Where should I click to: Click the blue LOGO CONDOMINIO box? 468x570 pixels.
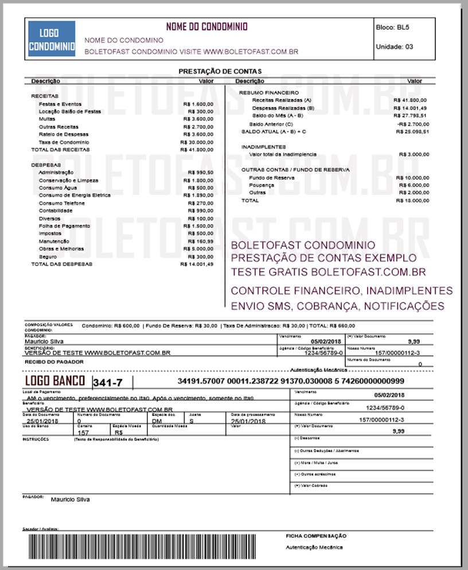click(x=52, y=39)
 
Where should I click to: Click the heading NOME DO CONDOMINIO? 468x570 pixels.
click(x=206, y=27)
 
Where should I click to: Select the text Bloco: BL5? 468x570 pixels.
click(x=392, y=27)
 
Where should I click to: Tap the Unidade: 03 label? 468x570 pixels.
click(x=394, y=46)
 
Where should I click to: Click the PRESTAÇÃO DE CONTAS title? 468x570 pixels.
click(x=213, y=71)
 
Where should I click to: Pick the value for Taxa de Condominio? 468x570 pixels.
click(x=197, y=142)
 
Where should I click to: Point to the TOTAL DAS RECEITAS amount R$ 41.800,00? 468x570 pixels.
click(x=197, y=149)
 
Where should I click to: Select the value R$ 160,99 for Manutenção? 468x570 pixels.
click(x=201, y=241)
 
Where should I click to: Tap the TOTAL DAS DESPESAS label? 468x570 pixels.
click(x=61, y=264)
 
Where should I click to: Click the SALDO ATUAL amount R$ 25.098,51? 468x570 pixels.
click(x=412, y=131)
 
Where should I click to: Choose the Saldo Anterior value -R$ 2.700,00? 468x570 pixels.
click(x=412, y=124)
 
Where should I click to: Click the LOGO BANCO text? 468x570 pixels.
click(x=55, y=381)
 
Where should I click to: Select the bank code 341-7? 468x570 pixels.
click(x=105, y=382)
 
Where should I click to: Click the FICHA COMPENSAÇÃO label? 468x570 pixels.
click(x=316, y=536)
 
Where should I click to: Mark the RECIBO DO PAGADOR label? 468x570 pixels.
click(x=54, y=362)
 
